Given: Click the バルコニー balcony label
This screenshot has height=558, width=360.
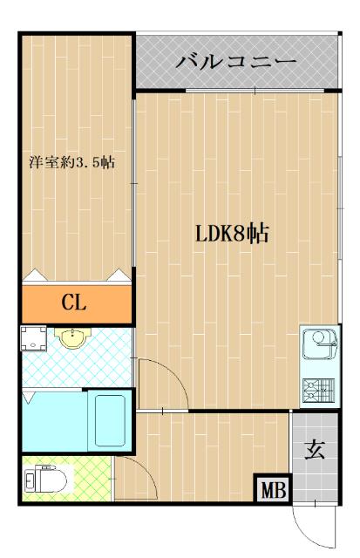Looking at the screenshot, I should [x=236, y=61].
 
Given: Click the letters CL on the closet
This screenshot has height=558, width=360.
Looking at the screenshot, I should [x=75, y=303].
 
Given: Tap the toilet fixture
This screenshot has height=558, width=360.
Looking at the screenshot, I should [x=44, y=480].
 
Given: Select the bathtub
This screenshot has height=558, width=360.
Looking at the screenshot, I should [x=112, y=421].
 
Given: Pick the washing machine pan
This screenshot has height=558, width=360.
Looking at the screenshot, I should [x=33, y=338].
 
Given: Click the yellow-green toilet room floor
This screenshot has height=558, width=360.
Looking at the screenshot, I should [x=87, y=482].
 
